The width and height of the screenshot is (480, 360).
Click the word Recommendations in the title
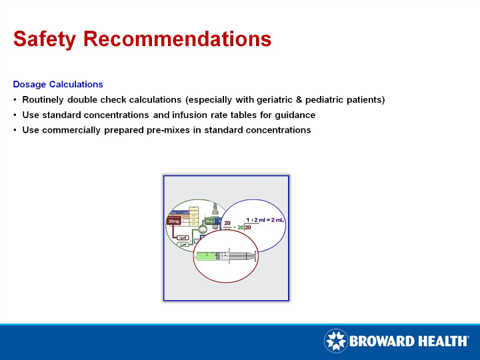[x=177, y=39]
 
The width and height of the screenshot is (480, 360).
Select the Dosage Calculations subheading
[x=58, y=85]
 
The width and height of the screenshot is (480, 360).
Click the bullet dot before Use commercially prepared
[x=15, y=130]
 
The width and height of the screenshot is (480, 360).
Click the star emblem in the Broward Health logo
[x=335, y=341]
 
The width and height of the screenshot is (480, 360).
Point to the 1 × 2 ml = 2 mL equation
[x=265, y=219]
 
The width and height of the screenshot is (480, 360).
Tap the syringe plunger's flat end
[x=255, y=255]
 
